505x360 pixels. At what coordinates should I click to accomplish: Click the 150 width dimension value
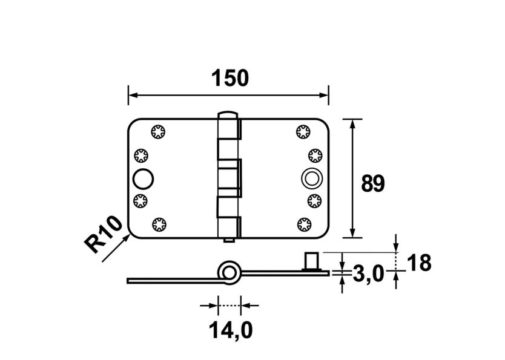(229, 78)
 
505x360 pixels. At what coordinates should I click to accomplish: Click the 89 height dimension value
(372, 183)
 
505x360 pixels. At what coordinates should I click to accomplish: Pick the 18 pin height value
(419, 263)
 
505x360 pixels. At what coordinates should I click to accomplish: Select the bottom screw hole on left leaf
(159, 225)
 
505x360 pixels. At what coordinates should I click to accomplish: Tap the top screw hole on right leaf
(303, 131)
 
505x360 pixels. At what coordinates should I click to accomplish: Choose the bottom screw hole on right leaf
(303, 225)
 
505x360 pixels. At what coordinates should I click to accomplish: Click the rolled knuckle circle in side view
(229, 272)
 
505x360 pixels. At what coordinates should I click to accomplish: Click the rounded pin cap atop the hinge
(226, 114)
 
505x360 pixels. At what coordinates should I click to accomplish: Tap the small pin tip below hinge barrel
(227, 241)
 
